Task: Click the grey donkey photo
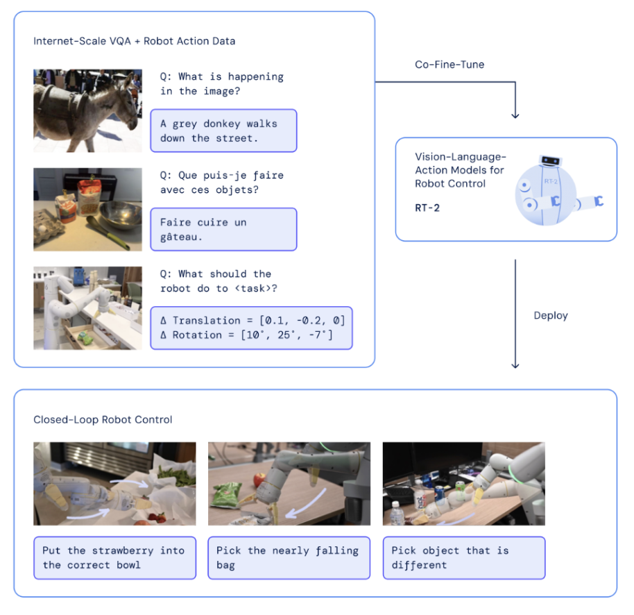[x=87, y=110]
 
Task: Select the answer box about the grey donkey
[x=223, y=130]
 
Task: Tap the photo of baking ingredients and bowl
[x=87, y=209]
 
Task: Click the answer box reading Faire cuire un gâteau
[x=223, y=229]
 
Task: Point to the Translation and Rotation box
[x=251, y=328]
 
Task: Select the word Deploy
[x=551, y=315]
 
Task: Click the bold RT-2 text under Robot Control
[x=427, y=208]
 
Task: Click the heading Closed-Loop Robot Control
[x=103, y=420]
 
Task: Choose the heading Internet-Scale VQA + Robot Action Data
[x=134, y=41]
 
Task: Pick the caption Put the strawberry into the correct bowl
[x=114, y=557]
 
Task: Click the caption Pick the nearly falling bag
[x=289, y=557]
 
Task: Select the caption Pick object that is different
[x=463, y=557]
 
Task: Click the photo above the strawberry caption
[x=114, y=484]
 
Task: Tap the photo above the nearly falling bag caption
[x=289, y=484]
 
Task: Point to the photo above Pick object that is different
[x=463, y=484]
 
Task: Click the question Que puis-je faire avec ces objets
[x=221, y=183]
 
